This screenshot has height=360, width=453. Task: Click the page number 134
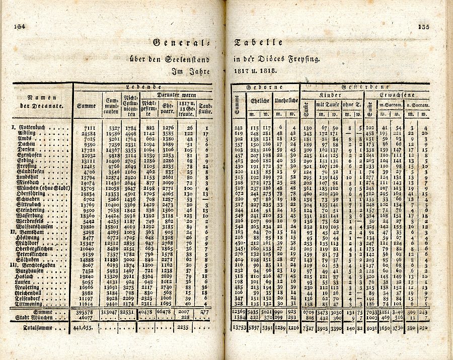click(x=20, y=27)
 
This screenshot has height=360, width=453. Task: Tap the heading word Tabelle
click(x=258, y=43)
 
